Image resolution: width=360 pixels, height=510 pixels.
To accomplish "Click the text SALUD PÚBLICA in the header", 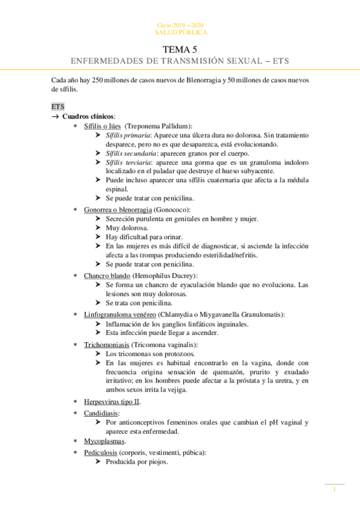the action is (x=181, y=32).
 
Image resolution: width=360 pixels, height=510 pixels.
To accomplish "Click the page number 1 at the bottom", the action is (x=334, y=490).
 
